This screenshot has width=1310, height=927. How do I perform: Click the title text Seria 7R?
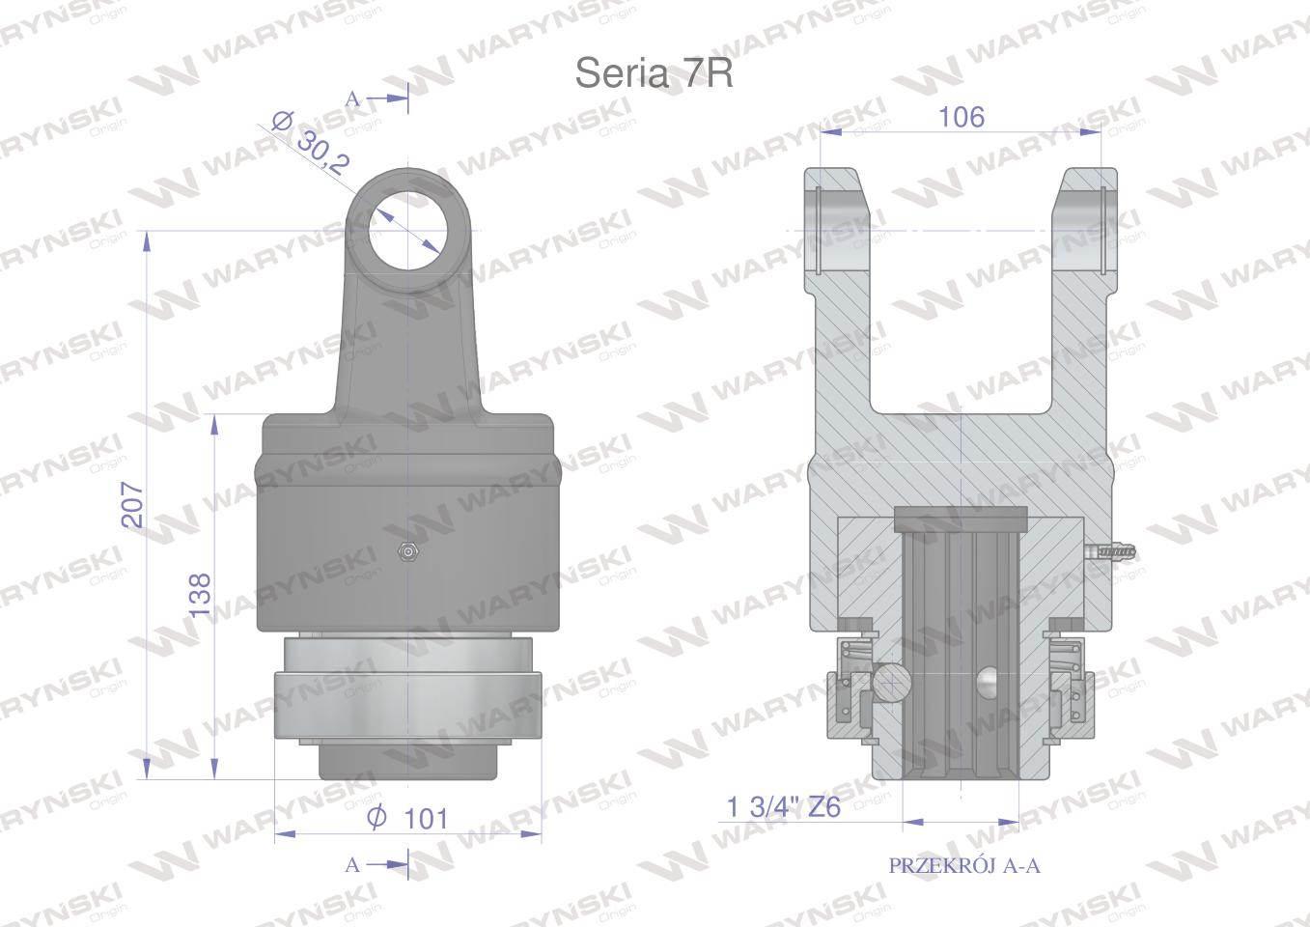click(654, 73)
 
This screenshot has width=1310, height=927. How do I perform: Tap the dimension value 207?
click(132, 505)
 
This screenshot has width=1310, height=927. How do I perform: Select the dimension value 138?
click(201, 594)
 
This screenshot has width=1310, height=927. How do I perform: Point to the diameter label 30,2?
click(323, 154)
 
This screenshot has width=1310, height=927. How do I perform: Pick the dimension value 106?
click(962, 117)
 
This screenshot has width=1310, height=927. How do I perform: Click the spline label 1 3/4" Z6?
click(783, 807)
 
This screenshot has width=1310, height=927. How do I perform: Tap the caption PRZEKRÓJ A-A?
click(964, 865)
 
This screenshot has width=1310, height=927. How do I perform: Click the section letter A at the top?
click(352, 99)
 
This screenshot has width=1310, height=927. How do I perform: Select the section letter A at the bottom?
click(352, 864)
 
